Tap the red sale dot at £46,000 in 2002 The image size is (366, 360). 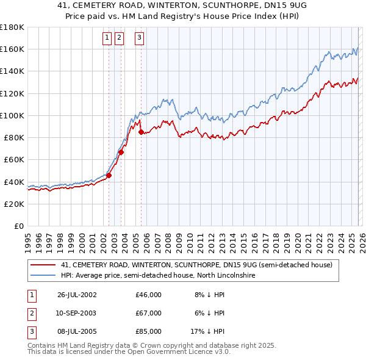pyautogui.click(x=109, y=175)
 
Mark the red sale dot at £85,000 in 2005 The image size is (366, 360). pyautogui.click(x=141, y=132)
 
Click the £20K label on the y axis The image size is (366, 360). pyautogui.click(x=13, y=204)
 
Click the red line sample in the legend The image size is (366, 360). pyautogui.click(x=43, y=265)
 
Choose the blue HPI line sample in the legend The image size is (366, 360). pyautogui.click(x=43, y=276)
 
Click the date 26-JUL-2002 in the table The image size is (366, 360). pyautogui.click(x=77, y=295)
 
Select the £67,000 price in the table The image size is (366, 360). pyautogui.click(x=149, y=313)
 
